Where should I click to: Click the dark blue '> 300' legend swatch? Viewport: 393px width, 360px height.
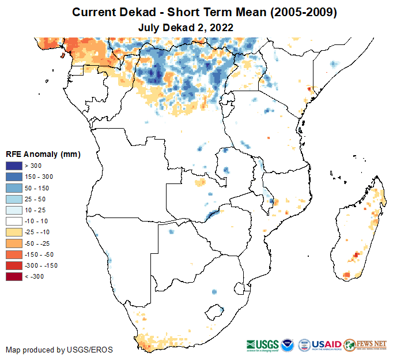point(14,166)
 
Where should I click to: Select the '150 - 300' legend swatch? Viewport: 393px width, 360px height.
point(14,177)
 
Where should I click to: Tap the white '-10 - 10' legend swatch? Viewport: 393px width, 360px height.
point(14,221)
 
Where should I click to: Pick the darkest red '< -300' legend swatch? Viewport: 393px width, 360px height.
point(14,276)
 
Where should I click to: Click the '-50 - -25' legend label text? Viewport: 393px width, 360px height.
point(37,243)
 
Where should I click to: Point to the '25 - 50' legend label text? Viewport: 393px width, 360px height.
point(35,199)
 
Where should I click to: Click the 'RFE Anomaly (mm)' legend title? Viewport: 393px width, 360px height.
point(43,154)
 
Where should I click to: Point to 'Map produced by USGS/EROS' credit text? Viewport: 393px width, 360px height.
point(59,350)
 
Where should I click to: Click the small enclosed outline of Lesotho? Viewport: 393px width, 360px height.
point(216,312)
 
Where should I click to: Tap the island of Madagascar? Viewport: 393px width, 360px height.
point(360,231)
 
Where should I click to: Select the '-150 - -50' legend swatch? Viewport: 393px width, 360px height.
point(14,254)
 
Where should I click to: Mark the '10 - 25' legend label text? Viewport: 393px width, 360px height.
point(35,210)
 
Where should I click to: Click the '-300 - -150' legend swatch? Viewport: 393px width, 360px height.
point(14,265)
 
